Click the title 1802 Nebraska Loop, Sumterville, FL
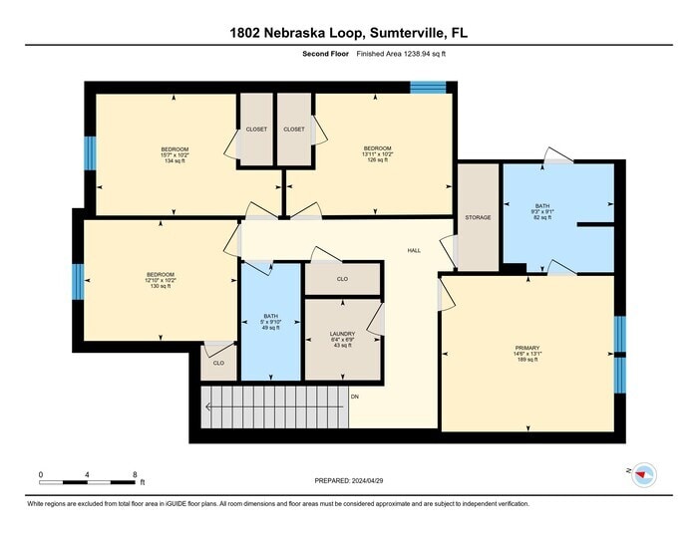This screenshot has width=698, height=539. click(348, 33)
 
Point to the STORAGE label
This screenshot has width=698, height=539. click(478, 217)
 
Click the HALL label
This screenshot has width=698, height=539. click(413, 250)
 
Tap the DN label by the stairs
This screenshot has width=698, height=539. click(354, 397)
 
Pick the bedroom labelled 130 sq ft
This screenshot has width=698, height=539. click(161, 281)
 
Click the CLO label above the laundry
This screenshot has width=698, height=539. click(342, 279)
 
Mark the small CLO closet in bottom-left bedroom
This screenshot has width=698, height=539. click(218, 363)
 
